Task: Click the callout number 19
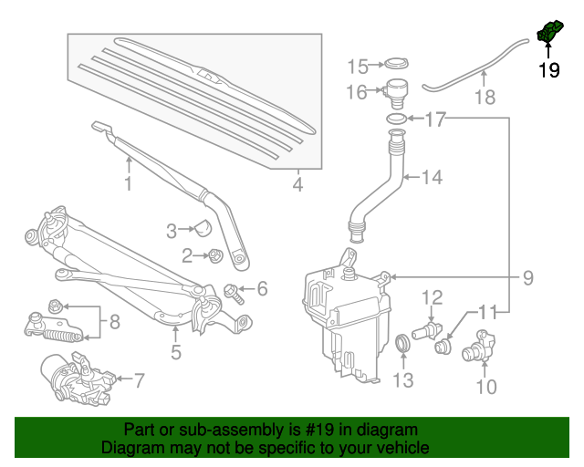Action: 548,70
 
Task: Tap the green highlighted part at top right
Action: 548,33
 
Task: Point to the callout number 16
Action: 357,92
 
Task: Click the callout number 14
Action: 432,178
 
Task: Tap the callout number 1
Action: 129,184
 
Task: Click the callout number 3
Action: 172,232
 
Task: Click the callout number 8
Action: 114,321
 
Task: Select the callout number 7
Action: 140,379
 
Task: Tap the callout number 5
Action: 176,351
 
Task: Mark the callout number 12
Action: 432,296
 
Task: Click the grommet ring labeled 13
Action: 404,343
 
